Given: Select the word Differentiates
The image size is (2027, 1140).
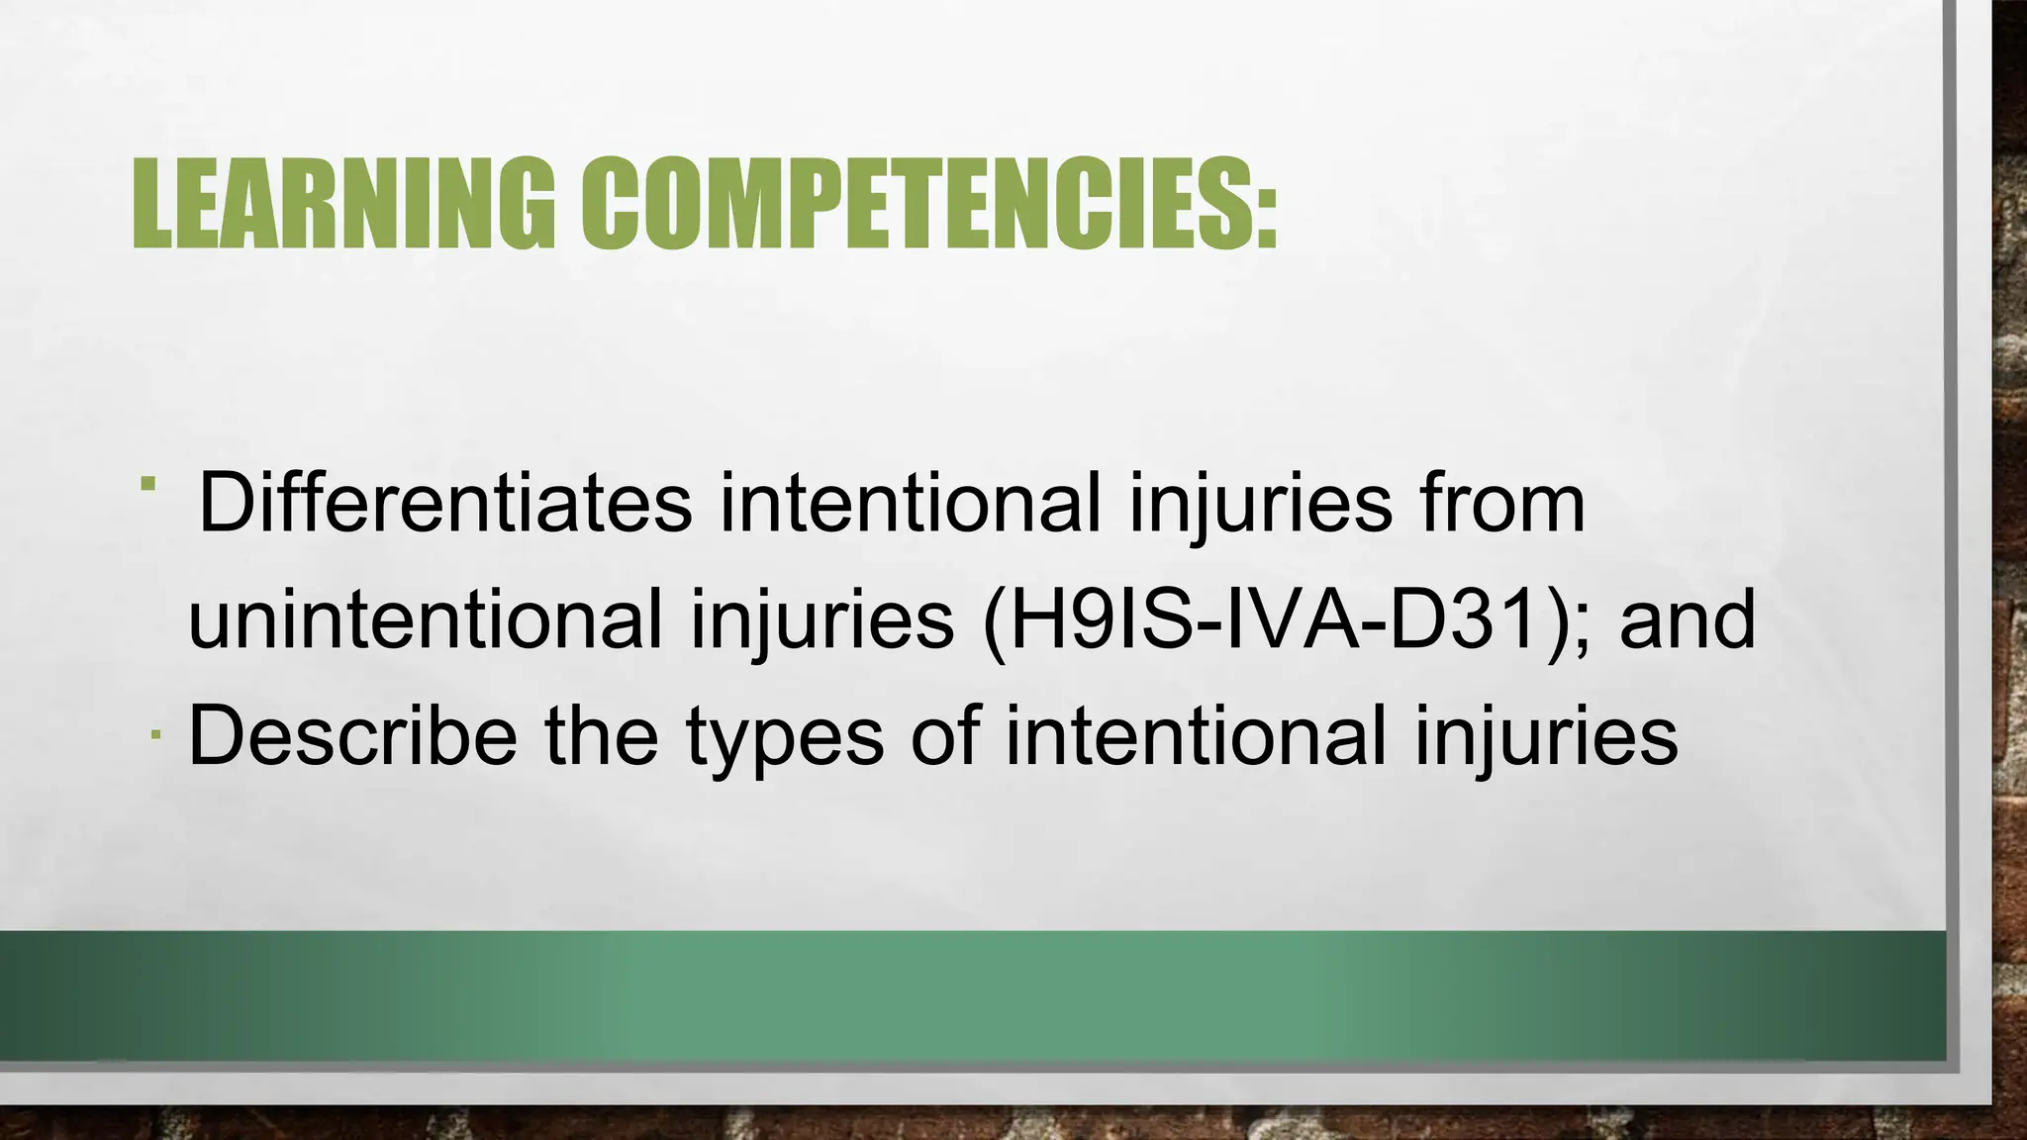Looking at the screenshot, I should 444,503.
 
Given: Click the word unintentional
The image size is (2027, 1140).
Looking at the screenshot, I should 425,619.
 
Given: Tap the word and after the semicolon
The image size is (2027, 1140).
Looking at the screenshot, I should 1688,619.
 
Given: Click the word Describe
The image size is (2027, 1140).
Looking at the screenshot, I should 351,735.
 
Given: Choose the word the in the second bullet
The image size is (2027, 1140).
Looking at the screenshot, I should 602,735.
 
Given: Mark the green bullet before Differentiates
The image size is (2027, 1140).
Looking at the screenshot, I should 148,484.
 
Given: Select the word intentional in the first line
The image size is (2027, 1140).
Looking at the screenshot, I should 910,503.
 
